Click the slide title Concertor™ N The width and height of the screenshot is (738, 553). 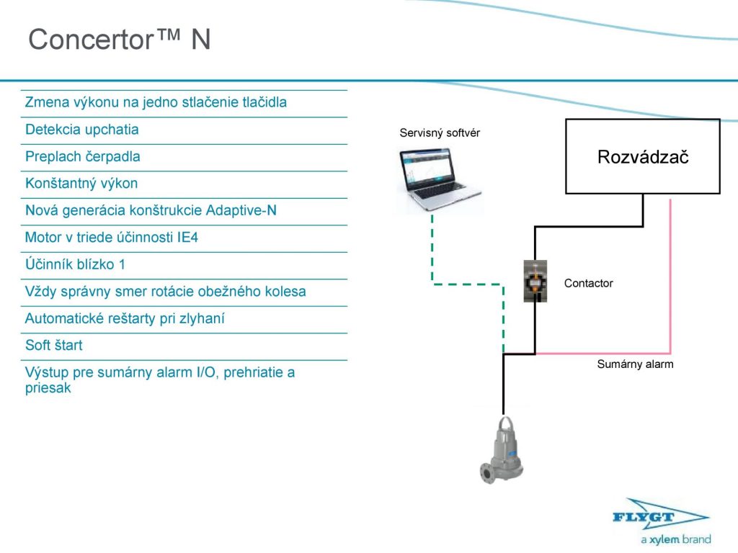(120, 40)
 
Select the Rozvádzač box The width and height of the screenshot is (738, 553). (642, 156)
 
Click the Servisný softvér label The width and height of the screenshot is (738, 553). (440, 132)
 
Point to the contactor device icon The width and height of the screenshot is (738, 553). (535, 281)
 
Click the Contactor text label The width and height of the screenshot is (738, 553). (588, 283)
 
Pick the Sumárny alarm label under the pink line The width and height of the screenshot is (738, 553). (635, 364)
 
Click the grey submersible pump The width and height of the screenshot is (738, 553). (504, 450)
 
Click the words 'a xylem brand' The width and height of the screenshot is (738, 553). (675, 539)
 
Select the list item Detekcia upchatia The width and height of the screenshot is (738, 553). (82, 130)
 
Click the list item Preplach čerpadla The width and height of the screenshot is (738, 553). (83, 156)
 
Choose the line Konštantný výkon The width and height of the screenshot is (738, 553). (81, 184)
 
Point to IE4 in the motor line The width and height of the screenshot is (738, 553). (187, 238)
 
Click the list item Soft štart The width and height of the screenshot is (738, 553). (54, 346)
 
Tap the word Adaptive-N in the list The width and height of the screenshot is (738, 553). (241, 210)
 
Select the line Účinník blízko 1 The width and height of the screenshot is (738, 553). (75, 264)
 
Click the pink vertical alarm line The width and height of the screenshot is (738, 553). (671, 274)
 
